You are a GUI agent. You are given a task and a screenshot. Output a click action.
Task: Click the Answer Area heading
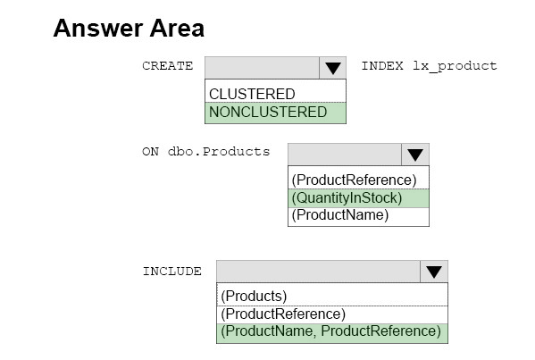[129, 28]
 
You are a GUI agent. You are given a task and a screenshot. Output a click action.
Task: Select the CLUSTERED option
[252, 94]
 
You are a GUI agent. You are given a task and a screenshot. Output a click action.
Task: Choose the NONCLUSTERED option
[268, 112]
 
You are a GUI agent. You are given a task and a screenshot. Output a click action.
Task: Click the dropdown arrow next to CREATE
[332, 68]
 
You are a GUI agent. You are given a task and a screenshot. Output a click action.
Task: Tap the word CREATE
[168, 65]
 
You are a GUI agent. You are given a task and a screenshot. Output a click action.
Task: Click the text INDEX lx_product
[429, 65]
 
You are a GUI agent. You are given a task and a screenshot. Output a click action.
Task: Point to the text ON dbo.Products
[205, 151]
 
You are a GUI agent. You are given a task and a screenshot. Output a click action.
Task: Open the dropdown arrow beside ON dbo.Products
[415, 155]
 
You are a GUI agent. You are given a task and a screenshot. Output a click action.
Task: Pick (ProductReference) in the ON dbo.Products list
[354, 180]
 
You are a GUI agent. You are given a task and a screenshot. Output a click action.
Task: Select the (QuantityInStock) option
[347, 198]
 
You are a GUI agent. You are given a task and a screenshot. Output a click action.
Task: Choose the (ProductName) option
[339, 215]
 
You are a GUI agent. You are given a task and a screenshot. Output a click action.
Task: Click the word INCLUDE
[172, 272]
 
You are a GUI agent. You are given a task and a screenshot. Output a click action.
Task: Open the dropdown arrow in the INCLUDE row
[434, 272]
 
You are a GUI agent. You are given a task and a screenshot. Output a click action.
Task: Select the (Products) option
[254, 297]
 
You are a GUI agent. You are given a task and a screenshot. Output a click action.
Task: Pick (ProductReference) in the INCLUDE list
[283, 314]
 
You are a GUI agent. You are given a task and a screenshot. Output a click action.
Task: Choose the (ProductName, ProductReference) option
[330, 331]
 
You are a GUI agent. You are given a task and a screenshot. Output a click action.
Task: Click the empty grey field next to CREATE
[262, 68]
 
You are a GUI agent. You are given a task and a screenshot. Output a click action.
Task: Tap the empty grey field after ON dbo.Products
[345, 155]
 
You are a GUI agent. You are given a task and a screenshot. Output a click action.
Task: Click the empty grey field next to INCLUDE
[318, 272]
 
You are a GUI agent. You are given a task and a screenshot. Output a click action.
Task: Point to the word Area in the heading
[177, 28]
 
